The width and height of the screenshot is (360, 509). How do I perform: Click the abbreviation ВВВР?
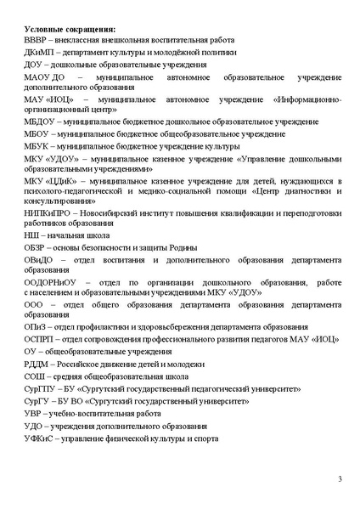(x=38, y=40)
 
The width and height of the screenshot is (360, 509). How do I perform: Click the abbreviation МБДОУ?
(x=41, y=122)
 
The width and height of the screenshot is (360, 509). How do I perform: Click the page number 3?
(x=339, y=481)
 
